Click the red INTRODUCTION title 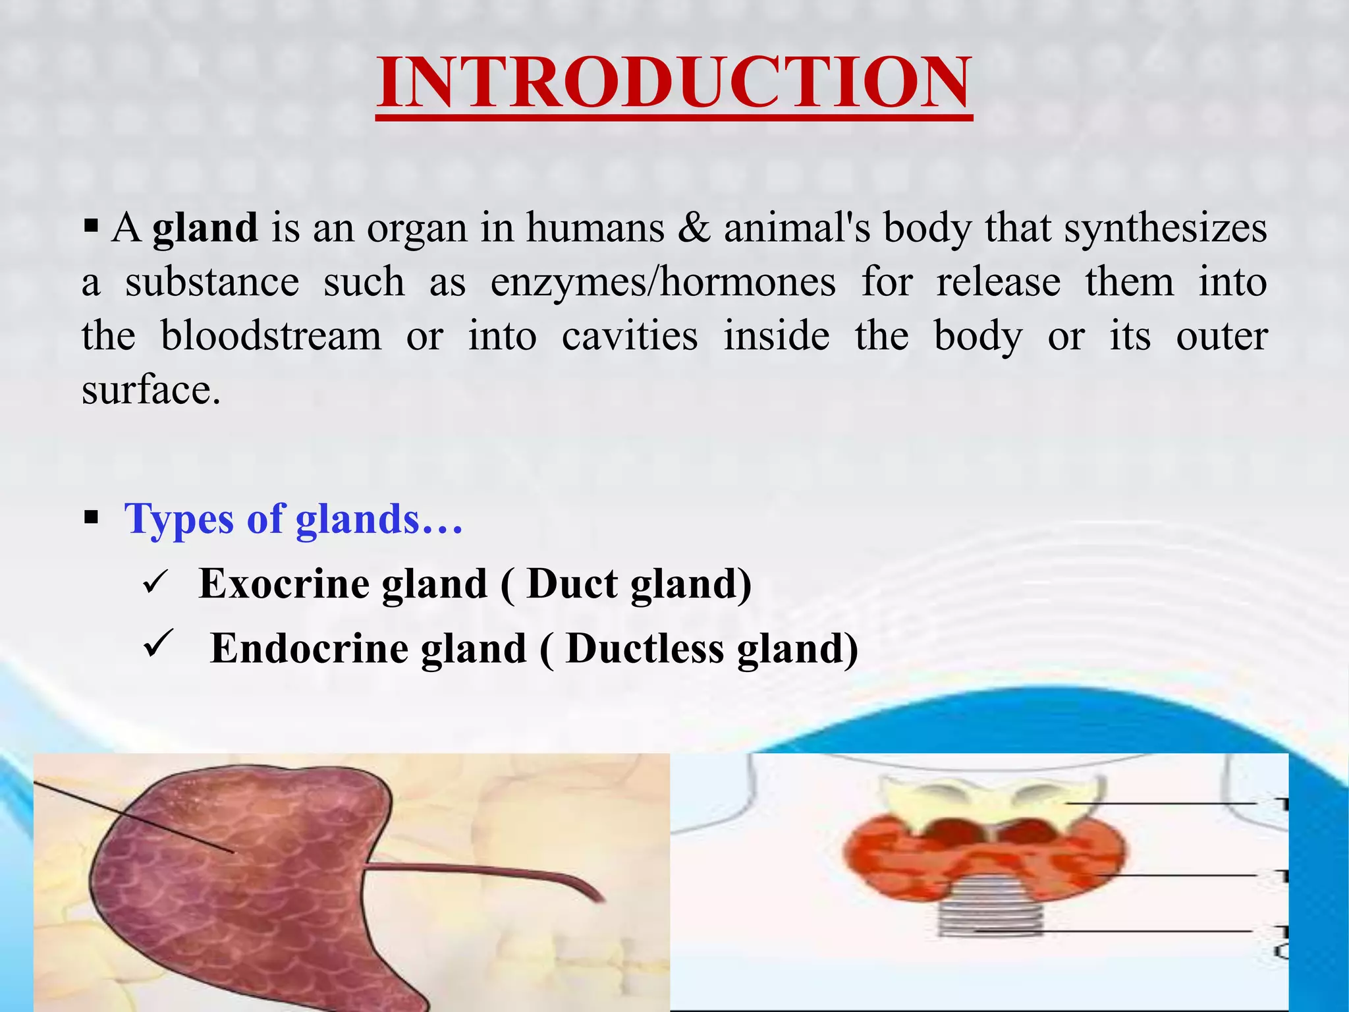[674, 84]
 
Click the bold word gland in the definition [205, 229]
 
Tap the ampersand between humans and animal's [694, 229]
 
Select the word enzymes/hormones [663, 283]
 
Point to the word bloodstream [271, 337]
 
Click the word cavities [629, 337]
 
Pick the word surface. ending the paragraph [151, 391]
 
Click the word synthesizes [1165, 229]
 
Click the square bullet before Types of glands [92, 518]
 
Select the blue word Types [179, 519]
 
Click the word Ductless [644, 649]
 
